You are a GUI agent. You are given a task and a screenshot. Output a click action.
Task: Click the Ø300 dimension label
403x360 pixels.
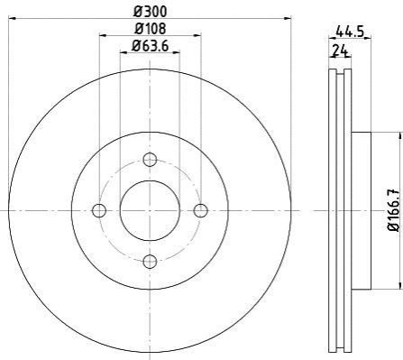150,12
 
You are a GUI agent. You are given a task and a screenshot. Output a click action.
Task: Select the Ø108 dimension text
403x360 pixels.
150,29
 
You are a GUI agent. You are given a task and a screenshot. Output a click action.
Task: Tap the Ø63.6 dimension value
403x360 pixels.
150,46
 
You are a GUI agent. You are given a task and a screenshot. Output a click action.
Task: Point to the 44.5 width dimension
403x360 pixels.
350,32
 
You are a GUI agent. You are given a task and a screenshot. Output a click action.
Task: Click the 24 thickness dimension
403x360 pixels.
340,51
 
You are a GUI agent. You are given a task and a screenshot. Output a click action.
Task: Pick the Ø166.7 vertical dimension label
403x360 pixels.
394,210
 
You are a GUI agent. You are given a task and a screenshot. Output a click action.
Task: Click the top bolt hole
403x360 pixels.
150,160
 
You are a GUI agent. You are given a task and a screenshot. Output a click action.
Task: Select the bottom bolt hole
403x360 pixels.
150,262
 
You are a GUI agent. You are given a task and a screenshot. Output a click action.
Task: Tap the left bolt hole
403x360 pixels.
99,210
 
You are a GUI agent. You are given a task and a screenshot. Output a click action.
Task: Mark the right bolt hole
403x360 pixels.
200,210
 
